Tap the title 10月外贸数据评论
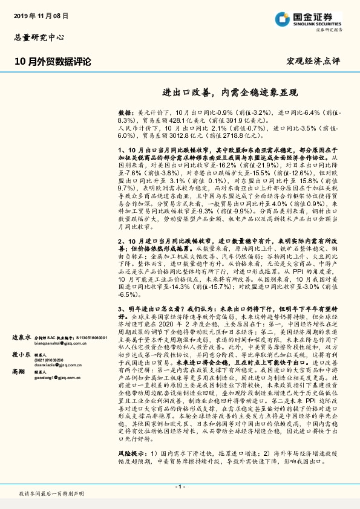coord(53,61)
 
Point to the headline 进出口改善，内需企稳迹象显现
coord(231,93)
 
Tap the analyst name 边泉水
coord(21,337)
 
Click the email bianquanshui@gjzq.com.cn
coord(55,342)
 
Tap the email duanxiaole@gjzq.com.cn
coord(54,366)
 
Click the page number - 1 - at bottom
coord(180,487)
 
